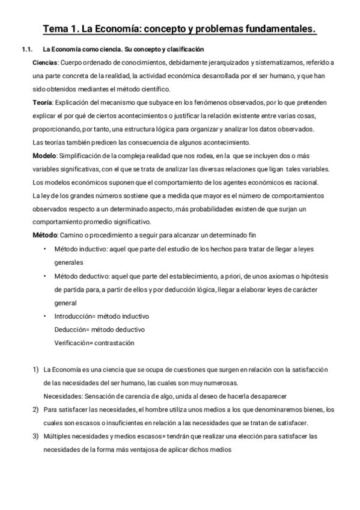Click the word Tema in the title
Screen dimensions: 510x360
point(56,29)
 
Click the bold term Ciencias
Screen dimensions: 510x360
point(45,63)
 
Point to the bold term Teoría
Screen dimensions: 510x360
point(42,103)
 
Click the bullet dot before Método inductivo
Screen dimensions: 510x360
point(46,249)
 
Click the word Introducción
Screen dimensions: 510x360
point(75,316)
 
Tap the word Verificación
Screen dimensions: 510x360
point(74,343)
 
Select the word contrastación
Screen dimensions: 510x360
point(115,343)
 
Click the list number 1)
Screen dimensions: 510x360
point(36,369)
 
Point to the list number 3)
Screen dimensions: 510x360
point(36,435)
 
